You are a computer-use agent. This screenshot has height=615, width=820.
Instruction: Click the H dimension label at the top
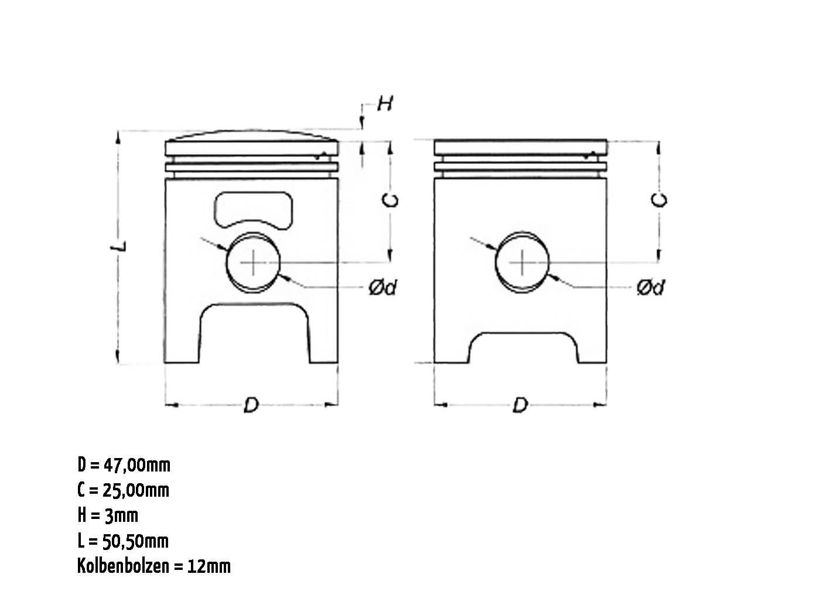pyautogui.click(x=385, y=103)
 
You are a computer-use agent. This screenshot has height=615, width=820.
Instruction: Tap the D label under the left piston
pyautogui.click(x=251, y=405)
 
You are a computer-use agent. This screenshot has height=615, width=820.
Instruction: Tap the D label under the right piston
pyautogui.click(x=520, y=405)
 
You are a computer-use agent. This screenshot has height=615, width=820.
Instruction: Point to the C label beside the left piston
pyautogui.click(x=391, y=200)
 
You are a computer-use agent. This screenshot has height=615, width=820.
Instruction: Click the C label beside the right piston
pyautogui.click(x=660, y=200)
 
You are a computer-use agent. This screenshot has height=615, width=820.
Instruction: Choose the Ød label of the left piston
pyautogui.click(x=382, y=288)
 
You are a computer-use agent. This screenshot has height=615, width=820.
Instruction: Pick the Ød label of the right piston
pyautogui.click(x=651, y=288)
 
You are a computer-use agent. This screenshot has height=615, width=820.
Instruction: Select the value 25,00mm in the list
pyautogui.click(x=136, y=490)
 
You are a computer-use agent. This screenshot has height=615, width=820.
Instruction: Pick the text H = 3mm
pyautogui.click(x=108, y=515)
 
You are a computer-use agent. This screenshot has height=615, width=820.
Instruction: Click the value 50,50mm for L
pyautogui.click(x=136, y=541)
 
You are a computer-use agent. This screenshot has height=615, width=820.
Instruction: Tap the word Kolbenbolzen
pyautogui.click(x=123, y=566)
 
